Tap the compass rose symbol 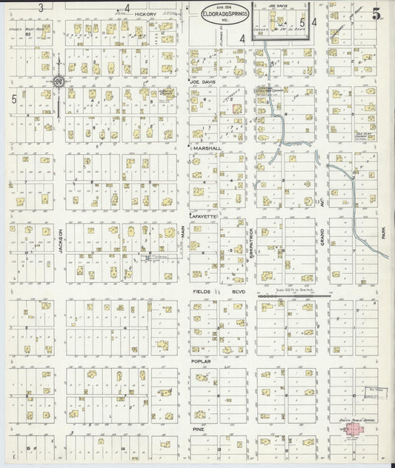pos(59,82)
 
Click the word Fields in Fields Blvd pos(202,292)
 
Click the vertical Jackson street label pos(59,241)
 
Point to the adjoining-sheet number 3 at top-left pos(42,7)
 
